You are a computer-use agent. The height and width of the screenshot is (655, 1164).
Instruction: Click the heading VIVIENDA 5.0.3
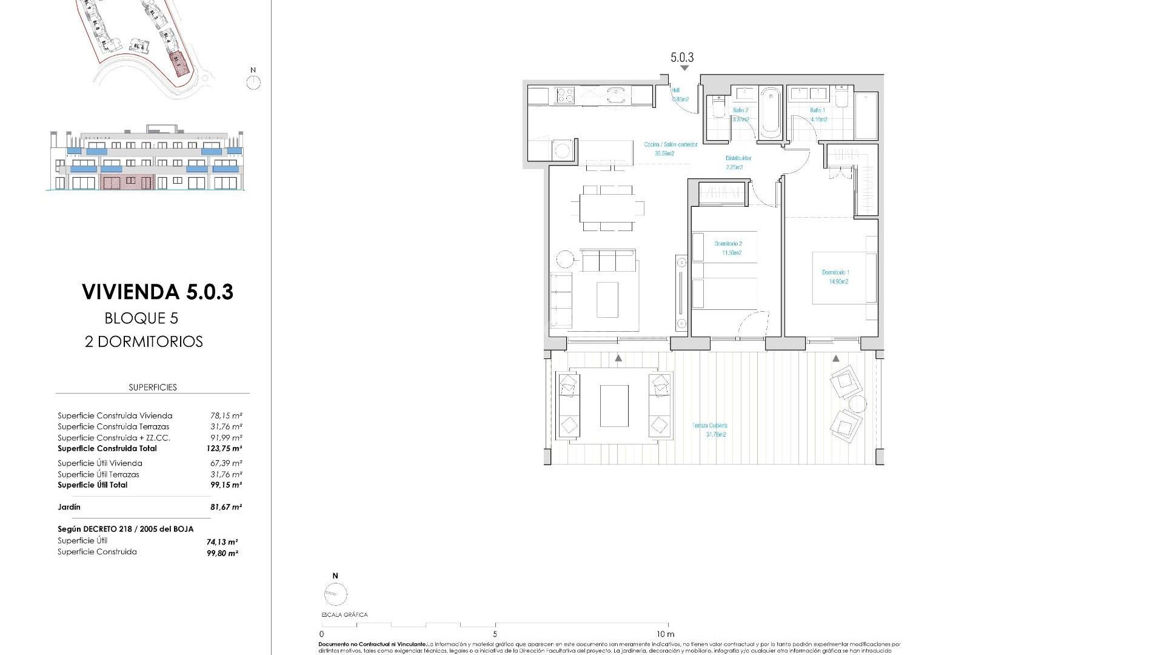coord(158,292)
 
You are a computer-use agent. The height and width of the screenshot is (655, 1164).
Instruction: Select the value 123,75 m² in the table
coord(224,449)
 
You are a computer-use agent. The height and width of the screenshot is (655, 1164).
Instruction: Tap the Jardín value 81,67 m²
coord(226,507)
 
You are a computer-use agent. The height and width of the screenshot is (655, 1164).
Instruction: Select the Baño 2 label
coord(740,115)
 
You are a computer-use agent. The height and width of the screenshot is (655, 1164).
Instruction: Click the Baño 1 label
coord(818,115)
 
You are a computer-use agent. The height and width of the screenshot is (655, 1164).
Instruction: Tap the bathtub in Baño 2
coord(771,112)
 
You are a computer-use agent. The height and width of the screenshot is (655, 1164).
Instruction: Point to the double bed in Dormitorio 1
coord(844,277)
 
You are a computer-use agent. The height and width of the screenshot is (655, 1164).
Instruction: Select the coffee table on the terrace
coord(614,405)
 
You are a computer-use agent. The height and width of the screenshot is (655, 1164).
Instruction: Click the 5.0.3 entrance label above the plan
coord(682,58)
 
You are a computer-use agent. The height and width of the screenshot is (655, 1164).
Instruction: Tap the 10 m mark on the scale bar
coord(667,634)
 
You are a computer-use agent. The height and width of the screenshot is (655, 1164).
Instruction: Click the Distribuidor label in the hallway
coord(738,163)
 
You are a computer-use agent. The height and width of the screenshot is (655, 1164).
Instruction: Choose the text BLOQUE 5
coord(141,318)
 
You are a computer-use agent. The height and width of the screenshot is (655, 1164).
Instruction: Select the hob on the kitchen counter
coord(565,95)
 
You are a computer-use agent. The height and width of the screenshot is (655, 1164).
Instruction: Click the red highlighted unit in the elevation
coord(127,181)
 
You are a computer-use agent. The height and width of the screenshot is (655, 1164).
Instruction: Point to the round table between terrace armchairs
coord(857,404)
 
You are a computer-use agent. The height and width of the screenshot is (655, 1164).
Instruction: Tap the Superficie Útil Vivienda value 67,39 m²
coord(226,463)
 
